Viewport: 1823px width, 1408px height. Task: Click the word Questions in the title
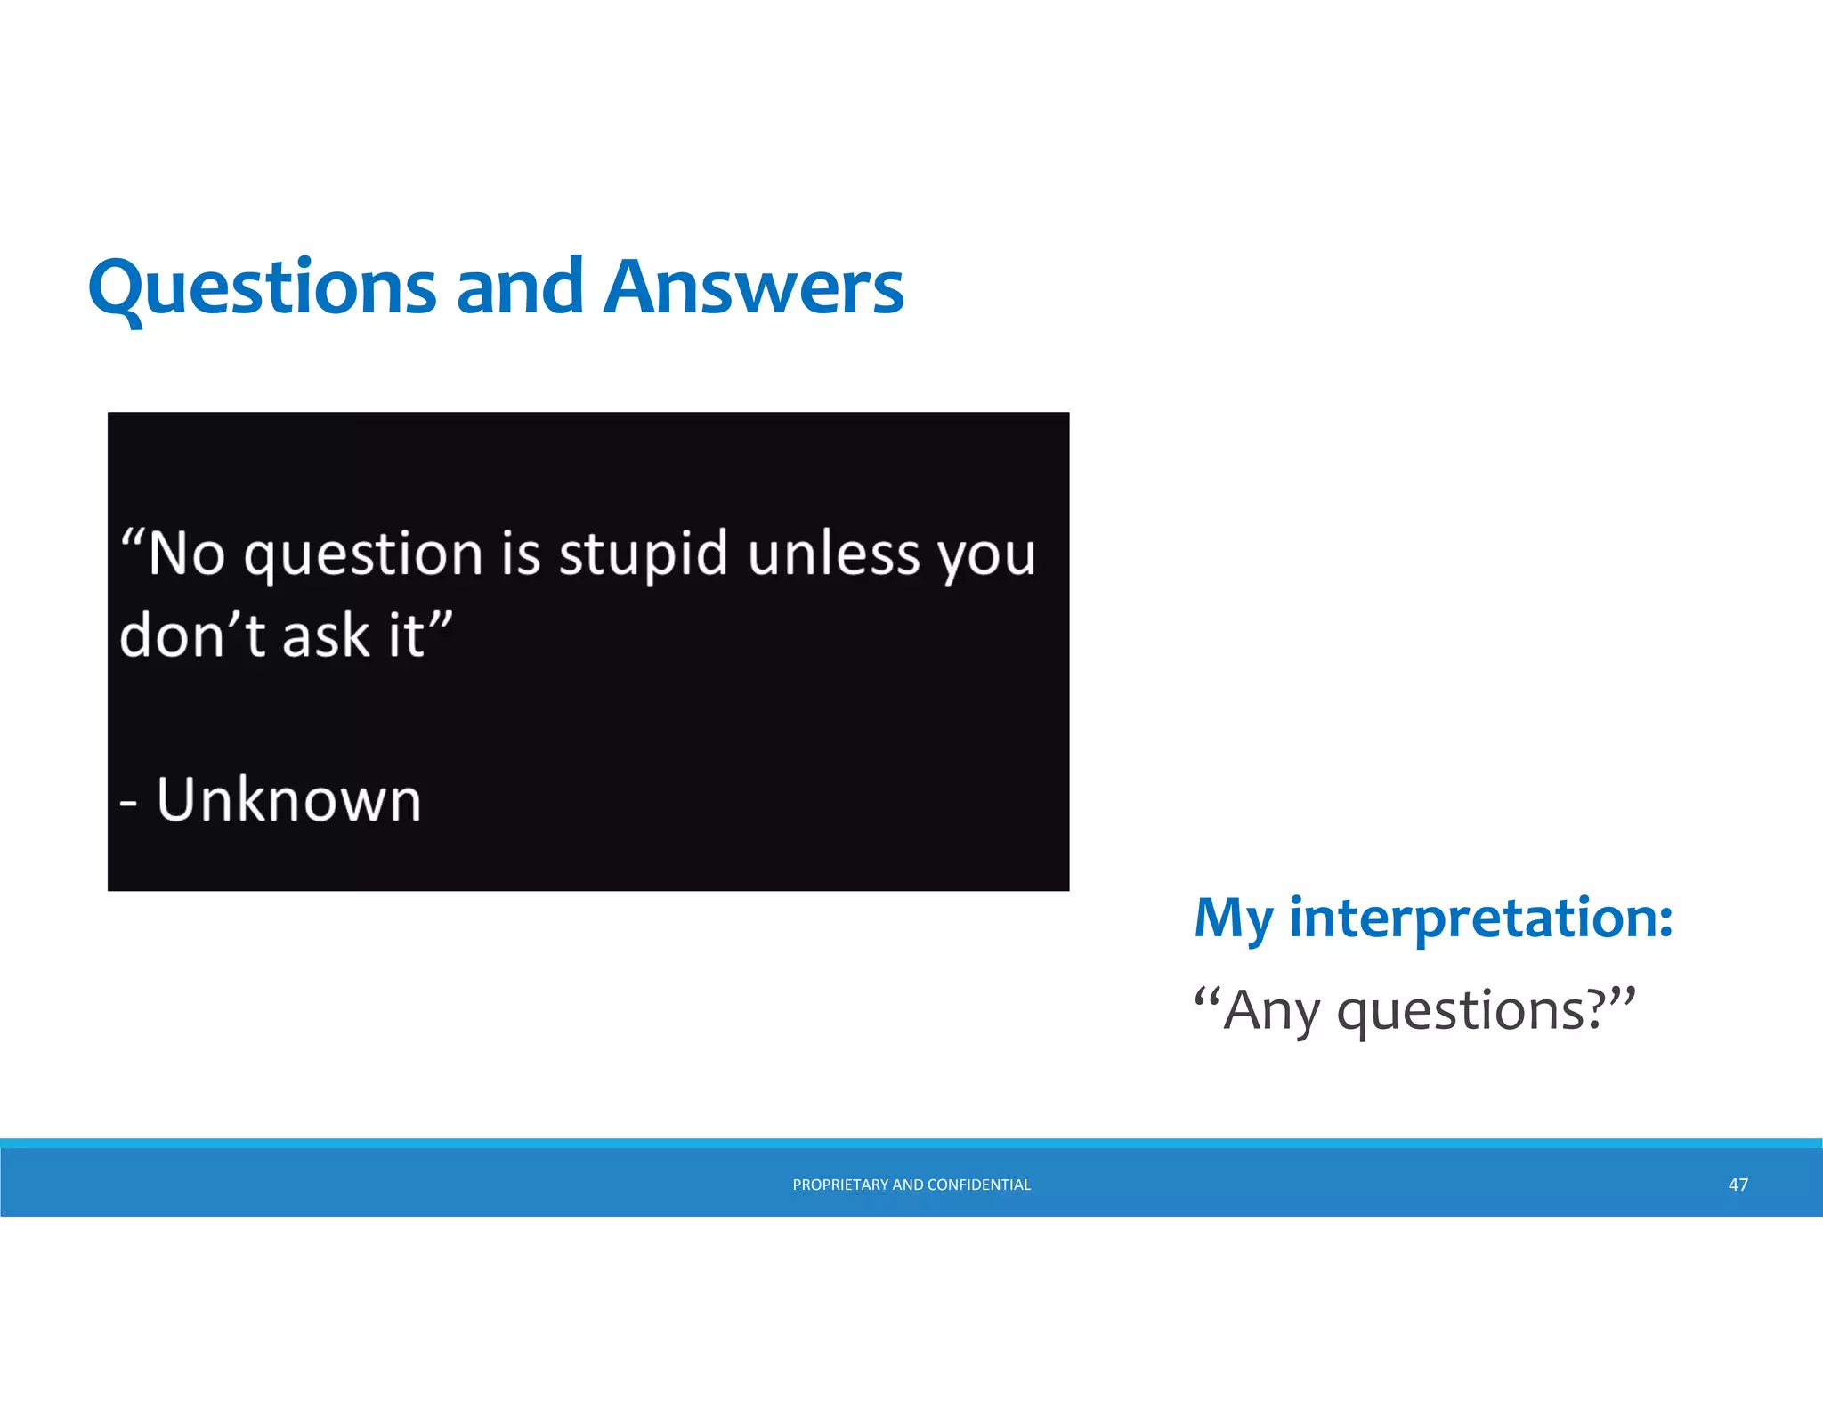[x=262, y=288]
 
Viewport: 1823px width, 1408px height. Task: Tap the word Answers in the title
[x=753, y=288]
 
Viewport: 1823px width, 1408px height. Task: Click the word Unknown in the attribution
[x=288, y=799]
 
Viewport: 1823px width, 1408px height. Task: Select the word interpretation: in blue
[x=1481, y=918]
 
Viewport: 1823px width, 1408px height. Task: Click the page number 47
[x=1738, y=1185]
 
